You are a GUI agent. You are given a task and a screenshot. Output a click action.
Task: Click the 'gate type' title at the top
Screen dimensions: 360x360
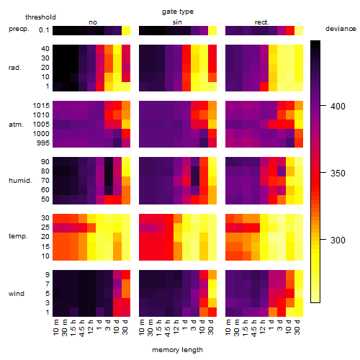(x=178, y=12)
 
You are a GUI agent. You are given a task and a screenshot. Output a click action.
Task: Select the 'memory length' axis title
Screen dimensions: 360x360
(x=177, y=350)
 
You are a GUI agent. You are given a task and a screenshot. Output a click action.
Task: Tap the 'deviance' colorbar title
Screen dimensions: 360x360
(x=341, y=29)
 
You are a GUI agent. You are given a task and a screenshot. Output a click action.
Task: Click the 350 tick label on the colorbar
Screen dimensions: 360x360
(x=338, y=173)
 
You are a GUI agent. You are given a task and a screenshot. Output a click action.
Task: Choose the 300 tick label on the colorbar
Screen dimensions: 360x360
(x=338, y=240)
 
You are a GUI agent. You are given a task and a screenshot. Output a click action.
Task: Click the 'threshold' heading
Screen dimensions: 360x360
(x=40, y=17)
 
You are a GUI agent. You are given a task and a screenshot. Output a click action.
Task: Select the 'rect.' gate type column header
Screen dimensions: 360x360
(x=262, y=22)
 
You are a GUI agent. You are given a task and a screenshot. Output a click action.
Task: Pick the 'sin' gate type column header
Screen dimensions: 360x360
(x=177, y=22)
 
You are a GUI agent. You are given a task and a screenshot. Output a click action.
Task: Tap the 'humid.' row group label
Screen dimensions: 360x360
(x=20, y=181)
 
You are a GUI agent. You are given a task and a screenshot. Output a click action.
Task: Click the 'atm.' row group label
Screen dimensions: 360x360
(x=16, y=125)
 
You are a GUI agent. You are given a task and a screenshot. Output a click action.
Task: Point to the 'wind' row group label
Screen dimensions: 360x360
(x=17, y=294)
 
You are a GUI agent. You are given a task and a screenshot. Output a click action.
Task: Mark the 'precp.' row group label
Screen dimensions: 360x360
(x=19, y=30)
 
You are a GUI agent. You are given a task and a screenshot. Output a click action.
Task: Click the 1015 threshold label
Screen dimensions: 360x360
(x=41, y=106)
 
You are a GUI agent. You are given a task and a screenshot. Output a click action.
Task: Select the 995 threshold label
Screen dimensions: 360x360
(x=43, y=143)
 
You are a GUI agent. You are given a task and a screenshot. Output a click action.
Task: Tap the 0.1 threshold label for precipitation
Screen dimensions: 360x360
(x=44, y=30)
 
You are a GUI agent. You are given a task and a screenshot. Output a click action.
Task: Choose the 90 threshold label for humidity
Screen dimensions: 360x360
(x=45, y=162)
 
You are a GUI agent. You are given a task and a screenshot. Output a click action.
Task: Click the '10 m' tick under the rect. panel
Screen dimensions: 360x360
(x=228, y=328)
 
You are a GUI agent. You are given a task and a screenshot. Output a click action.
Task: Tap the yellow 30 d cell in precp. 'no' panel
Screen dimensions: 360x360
(x=126, y=30)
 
